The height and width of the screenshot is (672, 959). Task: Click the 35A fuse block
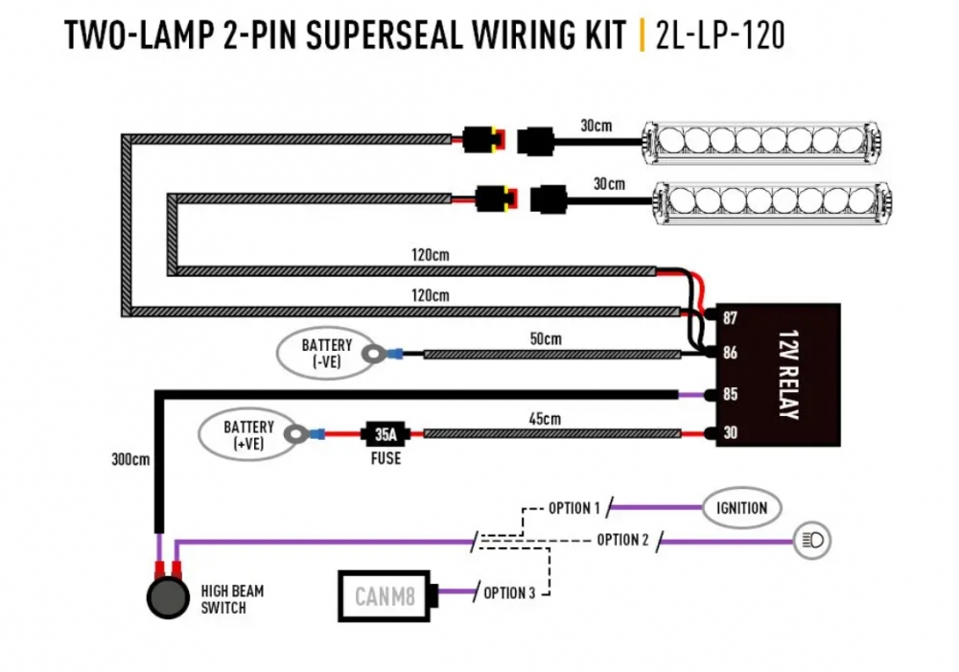(385, 434)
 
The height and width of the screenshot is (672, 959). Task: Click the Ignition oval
(742, 507)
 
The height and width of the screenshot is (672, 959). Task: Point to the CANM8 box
(385, 596)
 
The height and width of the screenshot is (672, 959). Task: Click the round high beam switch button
(167, 595)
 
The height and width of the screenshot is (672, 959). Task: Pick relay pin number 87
(730, 317)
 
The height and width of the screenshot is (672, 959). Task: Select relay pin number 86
(730, 353)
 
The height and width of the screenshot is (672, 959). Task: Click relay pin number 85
(730, 394)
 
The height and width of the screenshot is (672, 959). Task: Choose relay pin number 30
(730, 434)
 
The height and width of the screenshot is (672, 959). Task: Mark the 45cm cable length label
(545, 418)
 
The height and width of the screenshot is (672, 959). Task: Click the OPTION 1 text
(573, 507)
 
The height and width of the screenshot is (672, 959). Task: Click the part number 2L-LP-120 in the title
(720, 35)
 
